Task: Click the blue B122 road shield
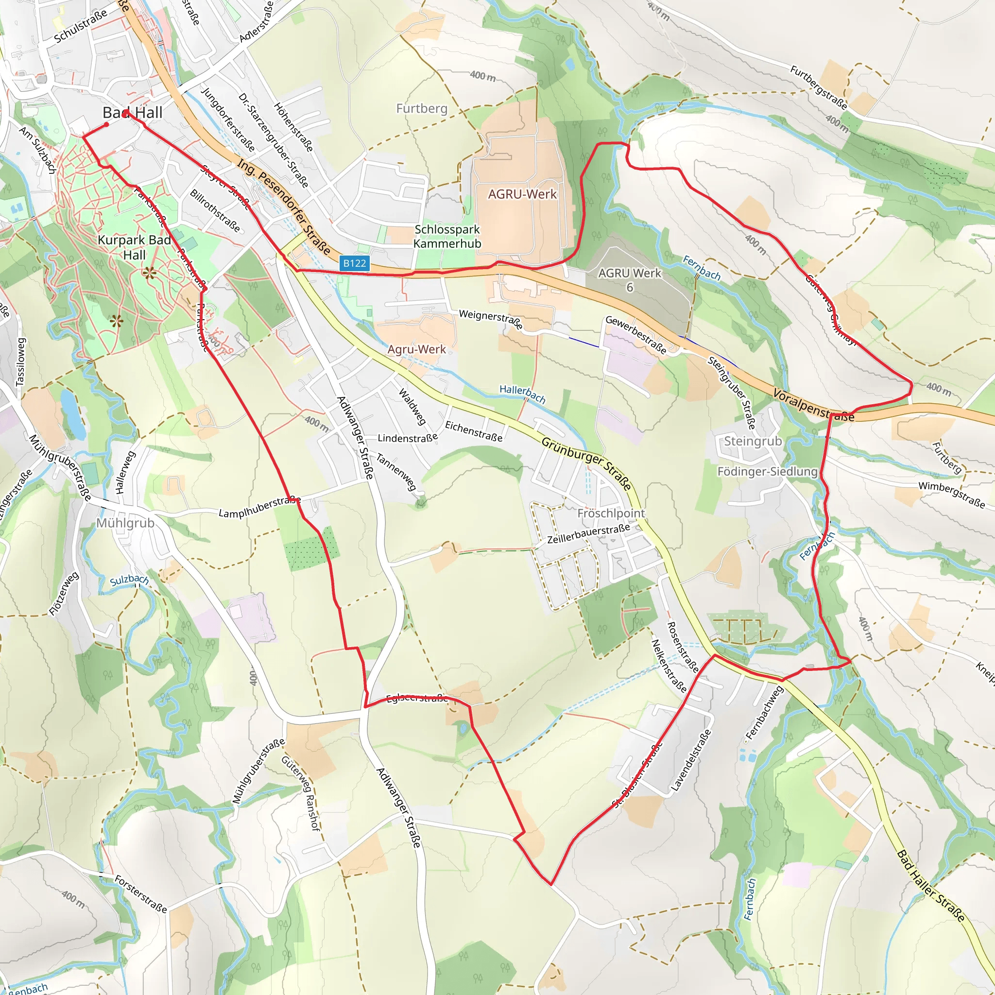[355, 264]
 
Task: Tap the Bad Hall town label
[132, 113]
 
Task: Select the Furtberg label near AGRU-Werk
[422, 109]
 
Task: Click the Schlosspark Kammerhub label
[447, 237]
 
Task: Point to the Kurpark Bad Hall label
[135, 247]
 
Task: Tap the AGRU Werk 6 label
[629, 280]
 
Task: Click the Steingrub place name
[753, 441]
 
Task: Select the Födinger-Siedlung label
[767, 472]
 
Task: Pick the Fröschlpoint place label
[611, 514]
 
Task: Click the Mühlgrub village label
[125, 523]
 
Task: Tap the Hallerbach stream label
[522, 394]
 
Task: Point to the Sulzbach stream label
[129, 581]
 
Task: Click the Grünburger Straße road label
[586, 463]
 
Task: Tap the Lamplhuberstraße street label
[259, 507]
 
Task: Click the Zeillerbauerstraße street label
[588, 534]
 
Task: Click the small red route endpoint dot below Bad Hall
[106, 124]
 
